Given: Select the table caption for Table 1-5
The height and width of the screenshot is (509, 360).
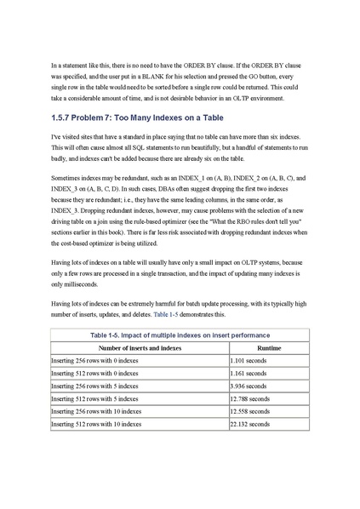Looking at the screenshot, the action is (180, 335).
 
